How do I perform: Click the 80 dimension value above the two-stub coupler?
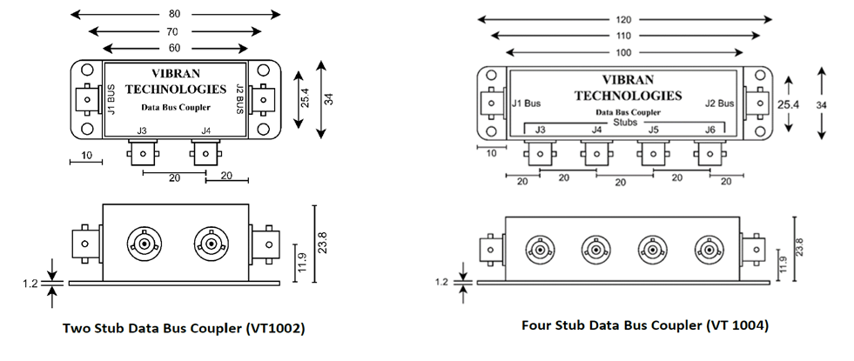pos(175,14)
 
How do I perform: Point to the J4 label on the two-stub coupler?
pos(206,130)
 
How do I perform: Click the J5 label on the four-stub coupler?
pos(652,130)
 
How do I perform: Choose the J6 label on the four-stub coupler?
pos(709,130)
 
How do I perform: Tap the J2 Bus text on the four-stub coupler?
pos(719,104)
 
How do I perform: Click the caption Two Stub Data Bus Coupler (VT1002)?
pos(185,330)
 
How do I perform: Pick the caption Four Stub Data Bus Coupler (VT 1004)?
pos(645,325)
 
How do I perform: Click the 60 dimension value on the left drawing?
pos(175,47)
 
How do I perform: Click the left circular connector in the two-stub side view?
pos(141,242)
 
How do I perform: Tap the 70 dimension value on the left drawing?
pos(175,30)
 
